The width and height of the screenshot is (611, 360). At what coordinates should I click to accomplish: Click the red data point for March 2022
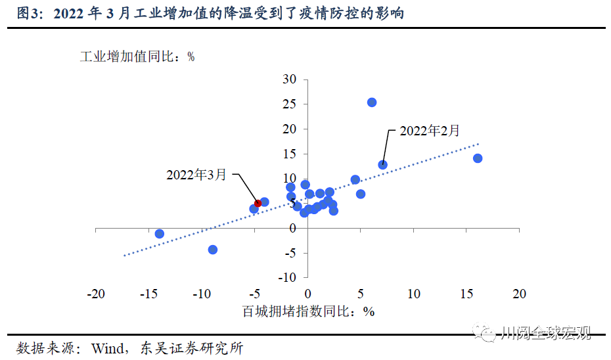258,204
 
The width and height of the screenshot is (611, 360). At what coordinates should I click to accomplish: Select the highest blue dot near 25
372,102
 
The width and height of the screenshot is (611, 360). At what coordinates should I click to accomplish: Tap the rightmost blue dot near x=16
478,158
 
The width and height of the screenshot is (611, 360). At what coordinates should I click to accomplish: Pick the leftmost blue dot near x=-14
159,234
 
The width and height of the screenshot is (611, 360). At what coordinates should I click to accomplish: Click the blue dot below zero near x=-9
213,250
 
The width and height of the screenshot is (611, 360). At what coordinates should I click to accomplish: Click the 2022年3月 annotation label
196,175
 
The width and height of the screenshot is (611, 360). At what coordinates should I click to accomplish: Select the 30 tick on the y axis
290,79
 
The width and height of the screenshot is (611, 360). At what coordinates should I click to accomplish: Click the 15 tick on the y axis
290,154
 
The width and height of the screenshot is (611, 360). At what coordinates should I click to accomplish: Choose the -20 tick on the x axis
96,294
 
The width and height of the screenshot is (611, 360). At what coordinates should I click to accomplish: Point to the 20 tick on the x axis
520,294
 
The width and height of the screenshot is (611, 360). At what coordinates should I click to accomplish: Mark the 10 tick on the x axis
414,294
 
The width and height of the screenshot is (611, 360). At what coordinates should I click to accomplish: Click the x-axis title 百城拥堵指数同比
299,311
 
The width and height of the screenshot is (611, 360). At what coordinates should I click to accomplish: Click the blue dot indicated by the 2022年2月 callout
382,165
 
